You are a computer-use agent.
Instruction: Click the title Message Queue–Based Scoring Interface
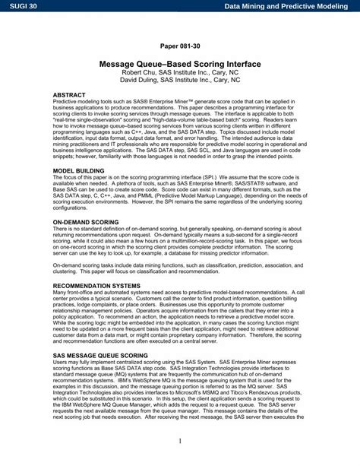click(x=180, y=65)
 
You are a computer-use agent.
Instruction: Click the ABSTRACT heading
click(x=69, y=97)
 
